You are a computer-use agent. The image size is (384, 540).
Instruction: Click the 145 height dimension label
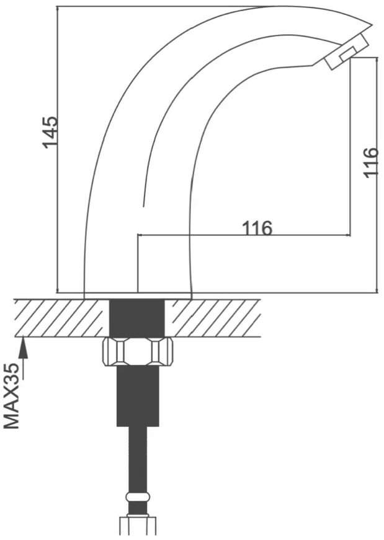coord(50,132)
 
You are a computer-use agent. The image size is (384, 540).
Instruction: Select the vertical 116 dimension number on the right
coord(371,163)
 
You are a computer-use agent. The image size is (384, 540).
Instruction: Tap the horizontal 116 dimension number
coord(257,228)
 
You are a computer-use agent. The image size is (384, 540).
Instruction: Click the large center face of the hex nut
coord(138,351)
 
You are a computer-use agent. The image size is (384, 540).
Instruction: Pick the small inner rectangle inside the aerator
coord(349,55)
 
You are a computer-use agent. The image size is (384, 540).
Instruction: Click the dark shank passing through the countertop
coord(137,318)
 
